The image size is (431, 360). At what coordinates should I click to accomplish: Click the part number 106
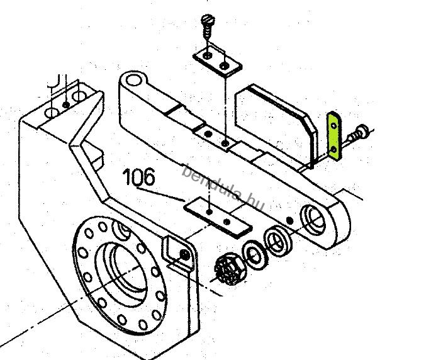pyautogui.click(x=139, y=177)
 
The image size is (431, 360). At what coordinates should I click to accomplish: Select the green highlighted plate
pyautogui.click(x=334, y=135)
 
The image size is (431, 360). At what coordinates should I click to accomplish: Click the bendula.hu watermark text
pyautogui.click(x=223, y=187)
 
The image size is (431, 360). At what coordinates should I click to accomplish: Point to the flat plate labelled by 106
pyautogui.click(x=218, y=217)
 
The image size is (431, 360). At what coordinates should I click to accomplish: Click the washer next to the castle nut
pyautogui.click(x=255, y=255)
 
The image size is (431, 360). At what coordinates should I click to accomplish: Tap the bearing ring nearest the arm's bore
pyautogui.click(x=277, y=241)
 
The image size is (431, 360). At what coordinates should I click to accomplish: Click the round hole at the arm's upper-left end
pyautogui.click(x=133, y=81)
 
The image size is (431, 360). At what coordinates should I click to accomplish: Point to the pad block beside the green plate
pyautogui.click(x=276, y=126)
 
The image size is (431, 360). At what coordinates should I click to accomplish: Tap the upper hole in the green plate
pyautogui.click(x=334, y=126)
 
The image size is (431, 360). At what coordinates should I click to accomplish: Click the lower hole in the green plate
pyautogui.click(x=334, y=150)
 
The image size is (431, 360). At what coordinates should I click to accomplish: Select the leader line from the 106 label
pyautogui.click(x=160, y=194)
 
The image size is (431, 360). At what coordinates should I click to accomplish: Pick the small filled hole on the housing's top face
pyautogui.click(x=66, y=104)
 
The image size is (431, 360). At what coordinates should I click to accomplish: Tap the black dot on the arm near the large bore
pyautogui.click(x=289, y=220)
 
